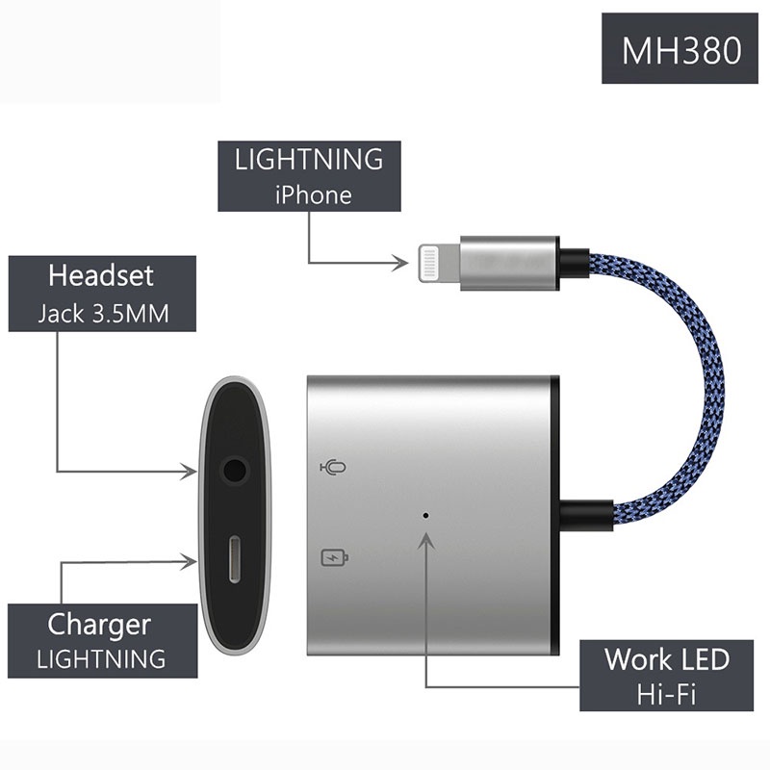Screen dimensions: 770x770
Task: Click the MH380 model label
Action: point(680,49)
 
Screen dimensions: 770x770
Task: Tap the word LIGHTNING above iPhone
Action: point(308,160)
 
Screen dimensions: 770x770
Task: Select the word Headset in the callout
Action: point(100,276)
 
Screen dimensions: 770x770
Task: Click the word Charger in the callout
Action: point(99,625)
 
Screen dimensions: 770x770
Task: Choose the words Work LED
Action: point(666,659)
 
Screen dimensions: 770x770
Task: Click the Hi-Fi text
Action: point(666,693)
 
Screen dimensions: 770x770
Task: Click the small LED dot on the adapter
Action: point(426,513)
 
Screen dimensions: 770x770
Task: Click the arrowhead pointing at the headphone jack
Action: point(192,471)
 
